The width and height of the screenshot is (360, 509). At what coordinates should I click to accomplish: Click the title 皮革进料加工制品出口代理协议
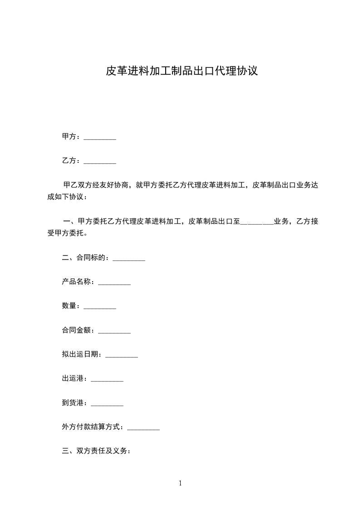point(182,71)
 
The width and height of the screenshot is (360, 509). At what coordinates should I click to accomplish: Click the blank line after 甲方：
point(100,137)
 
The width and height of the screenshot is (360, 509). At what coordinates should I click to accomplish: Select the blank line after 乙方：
point(100,161)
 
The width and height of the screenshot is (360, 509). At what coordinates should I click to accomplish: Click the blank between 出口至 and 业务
point(256,222)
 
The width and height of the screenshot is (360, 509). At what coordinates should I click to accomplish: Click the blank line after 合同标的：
point(128,259)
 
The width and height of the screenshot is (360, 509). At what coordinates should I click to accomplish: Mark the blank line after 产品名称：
point(114,283)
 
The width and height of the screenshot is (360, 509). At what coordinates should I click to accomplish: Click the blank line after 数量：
point(100,307)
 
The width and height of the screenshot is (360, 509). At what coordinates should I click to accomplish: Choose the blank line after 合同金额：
point(114,331)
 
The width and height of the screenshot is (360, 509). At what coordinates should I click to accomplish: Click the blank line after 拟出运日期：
point(122,355)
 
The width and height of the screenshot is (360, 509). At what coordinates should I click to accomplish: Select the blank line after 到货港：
point(107,403)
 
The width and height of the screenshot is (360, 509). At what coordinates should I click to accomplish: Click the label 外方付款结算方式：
point(94,427)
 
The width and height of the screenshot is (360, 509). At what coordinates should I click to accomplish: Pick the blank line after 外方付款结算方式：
point(143,427)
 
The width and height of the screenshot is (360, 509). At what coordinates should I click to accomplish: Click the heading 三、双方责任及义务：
point(97,451)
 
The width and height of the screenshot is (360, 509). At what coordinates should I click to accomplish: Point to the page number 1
point(180,483)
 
